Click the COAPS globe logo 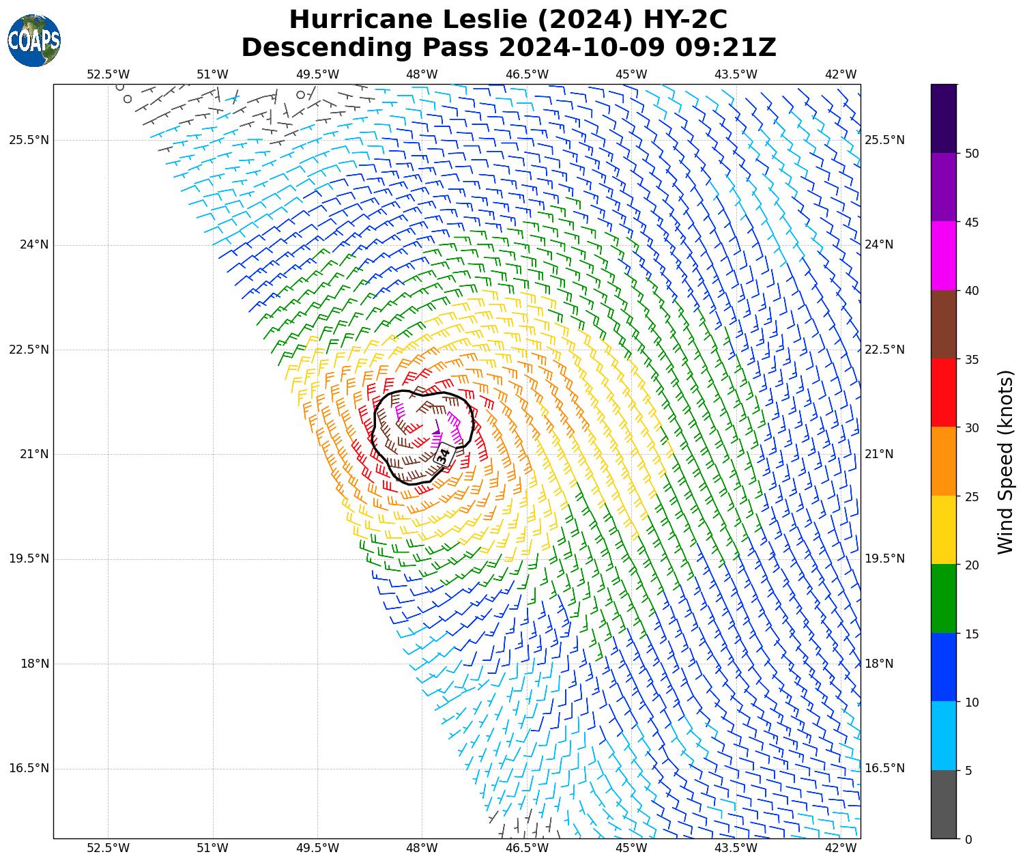tap(34, 40)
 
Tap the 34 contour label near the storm tap(444, 455)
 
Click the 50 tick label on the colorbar tap(972, 154)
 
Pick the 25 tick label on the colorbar tap(972, 496)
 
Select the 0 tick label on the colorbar tap(968, 840)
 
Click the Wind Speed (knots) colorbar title tap(1005, 462)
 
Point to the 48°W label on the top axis tap(422, 74)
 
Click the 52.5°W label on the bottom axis tap(108, 848)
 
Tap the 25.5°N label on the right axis tap(884, 140)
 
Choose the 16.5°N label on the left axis tap(29, 768)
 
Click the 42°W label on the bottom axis tap(841, 848)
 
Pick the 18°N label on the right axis tap(879, 664)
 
